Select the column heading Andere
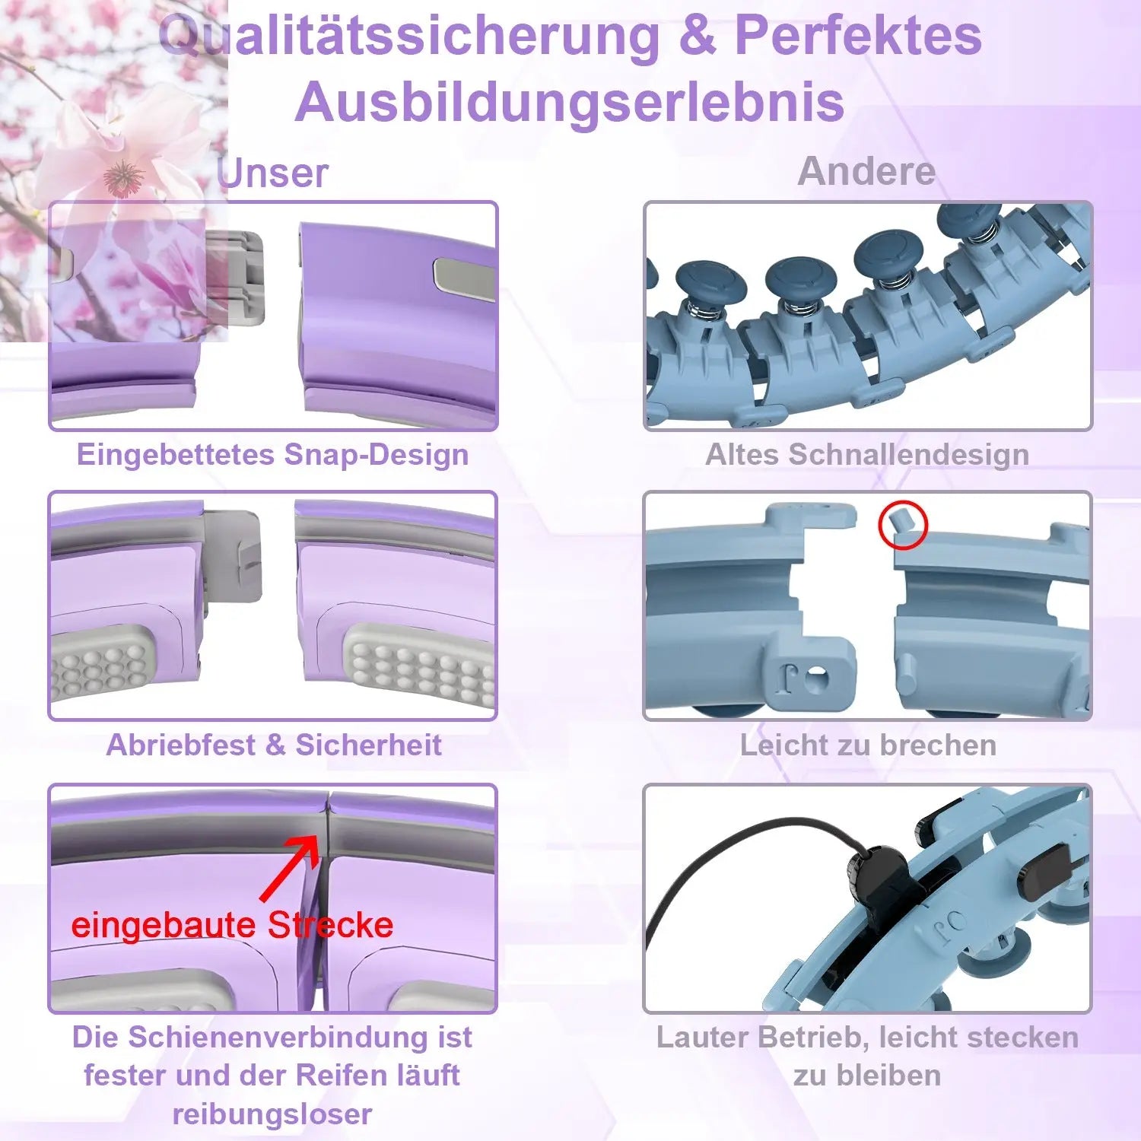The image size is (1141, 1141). (x=866, y=171)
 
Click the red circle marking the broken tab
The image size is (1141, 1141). (x=903, y=526)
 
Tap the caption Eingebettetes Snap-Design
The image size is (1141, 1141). (x=272, y=455)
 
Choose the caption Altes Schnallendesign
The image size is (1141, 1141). (x=867, y=455)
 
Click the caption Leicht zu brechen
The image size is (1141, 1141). (x=868, y=745)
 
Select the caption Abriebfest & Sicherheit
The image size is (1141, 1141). (x=274, y=745)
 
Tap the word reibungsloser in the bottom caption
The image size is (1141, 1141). (x=272, y=1114)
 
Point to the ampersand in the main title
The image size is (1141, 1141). (x=698, y=37)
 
